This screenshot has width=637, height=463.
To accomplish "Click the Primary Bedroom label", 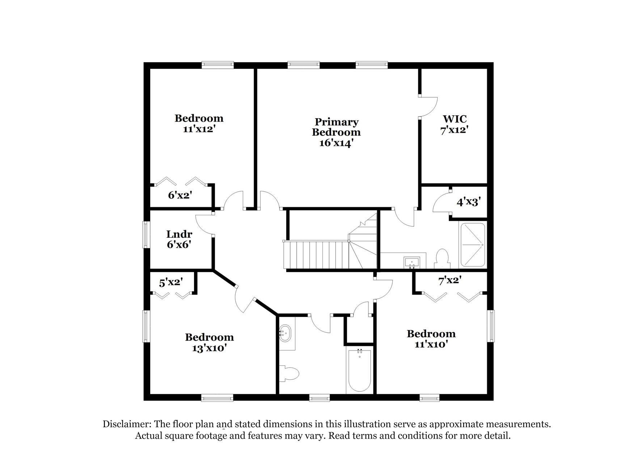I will coord(336,132).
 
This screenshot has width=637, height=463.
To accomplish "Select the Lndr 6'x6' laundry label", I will coord(179,239).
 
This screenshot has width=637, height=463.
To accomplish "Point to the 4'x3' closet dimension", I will coord(468,202).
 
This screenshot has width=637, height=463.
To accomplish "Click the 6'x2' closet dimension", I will coord(180,195).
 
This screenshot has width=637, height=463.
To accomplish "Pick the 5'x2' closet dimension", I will coord(171,282).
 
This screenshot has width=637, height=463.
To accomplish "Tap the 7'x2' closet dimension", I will coord(450,280).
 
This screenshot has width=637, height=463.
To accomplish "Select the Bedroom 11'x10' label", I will coord(431,339).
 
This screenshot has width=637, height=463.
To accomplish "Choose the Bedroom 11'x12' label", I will coord(199,123).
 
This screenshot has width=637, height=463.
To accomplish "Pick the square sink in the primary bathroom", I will coord(412,262).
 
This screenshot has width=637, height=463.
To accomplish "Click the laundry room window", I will coord(146,234).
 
